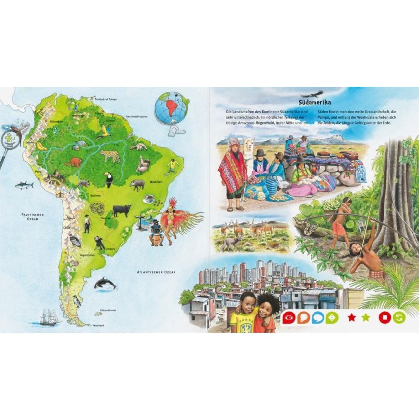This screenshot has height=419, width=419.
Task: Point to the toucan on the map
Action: (x=108, y=179)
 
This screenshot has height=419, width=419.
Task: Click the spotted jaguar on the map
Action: (x=110, y=156)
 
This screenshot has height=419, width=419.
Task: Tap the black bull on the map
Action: (x=121, y=210)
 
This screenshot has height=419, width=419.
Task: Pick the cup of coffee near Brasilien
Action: (x=148, y=198)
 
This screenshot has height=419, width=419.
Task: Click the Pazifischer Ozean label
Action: (x=30, y=217)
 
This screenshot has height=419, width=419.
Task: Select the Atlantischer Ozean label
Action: (x=157, y=272)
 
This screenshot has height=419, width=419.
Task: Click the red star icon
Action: (x=351, y=317)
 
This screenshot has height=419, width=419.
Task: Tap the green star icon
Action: (x=366, y=317)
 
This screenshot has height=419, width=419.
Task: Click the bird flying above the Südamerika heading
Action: (x=314, y=93)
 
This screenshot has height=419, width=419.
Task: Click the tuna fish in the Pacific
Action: (x=24, y=185)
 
